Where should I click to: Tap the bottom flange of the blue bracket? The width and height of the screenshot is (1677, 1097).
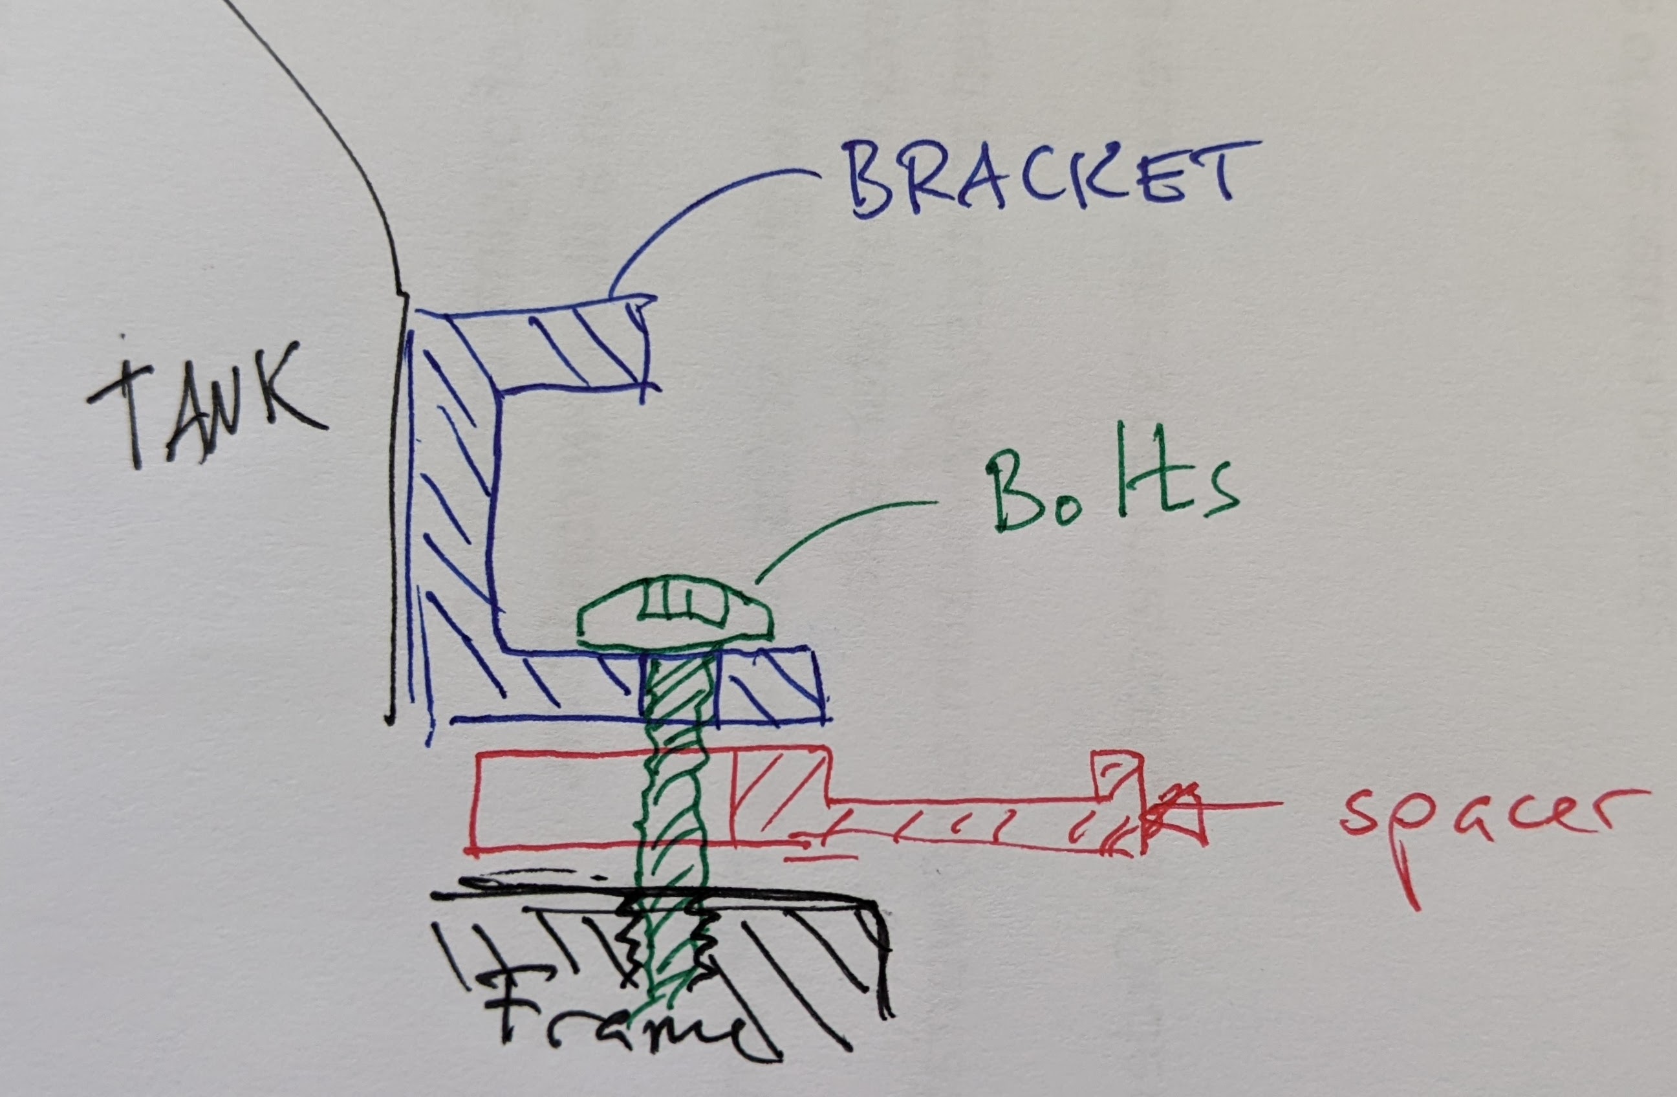click(x=634, y=688)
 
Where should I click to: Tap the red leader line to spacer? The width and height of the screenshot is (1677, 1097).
click(x=1240, y=804)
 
